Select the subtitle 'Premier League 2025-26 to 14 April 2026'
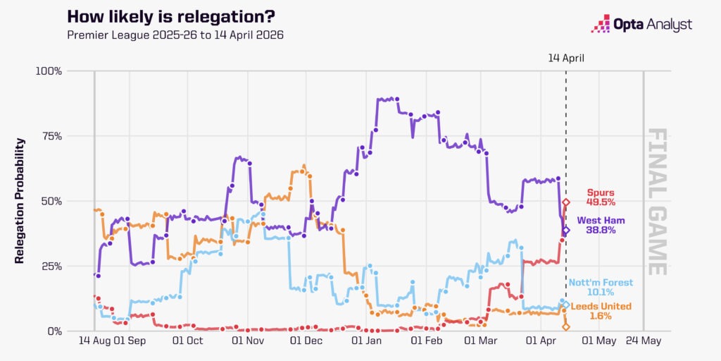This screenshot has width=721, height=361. coord(175,35)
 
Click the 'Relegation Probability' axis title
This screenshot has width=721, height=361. coord(20,201)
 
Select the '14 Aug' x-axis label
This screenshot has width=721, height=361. coord(94,341)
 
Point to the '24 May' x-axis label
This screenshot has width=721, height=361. coord(644,341)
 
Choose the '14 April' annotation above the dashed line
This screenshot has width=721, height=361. coord(566,58)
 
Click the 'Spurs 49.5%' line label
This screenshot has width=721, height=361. coord(600,197)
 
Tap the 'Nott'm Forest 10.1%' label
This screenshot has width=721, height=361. coord(601,287)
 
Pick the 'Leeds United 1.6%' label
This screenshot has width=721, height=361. coord(601,311)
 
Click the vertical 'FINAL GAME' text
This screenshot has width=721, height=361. coord(656,201)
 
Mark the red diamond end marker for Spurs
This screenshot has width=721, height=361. coord(566,202)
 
